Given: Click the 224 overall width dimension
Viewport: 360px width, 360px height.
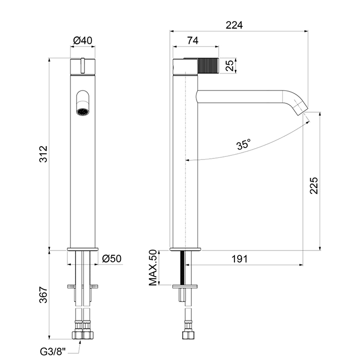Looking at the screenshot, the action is tap(234, 25).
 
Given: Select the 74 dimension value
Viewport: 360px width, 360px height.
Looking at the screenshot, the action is tap(193, 41).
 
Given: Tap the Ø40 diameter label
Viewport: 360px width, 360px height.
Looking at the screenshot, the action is tap(83, 41).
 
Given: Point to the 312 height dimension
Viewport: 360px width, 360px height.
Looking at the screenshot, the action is tap(43, 154).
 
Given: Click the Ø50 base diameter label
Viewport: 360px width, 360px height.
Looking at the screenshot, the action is tap(112, 259).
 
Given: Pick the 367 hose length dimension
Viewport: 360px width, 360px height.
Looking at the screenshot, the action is tap(43, 295).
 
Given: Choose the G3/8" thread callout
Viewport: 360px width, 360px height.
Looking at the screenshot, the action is tap(53, 351).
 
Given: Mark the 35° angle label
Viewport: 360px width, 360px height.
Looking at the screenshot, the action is tap(243, 145).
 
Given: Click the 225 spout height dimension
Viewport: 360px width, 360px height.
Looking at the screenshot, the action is tap(314, 186).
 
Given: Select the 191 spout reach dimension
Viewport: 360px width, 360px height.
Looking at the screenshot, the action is tap(240, 259).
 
